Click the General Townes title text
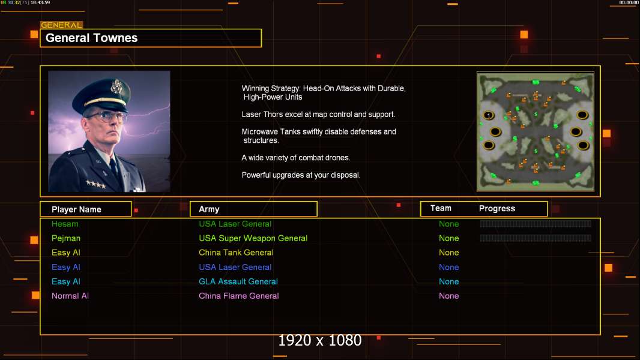point(91,38)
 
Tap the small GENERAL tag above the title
point(61,25)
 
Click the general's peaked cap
point(102,94)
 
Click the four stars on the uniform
point(96,184)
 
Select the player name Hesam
point(65,224)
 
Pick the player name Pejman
point(65,238)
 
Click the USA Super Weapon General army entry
point(253,238)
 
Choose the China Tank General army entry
point(236,253)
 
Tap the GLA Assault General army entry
point(238,281)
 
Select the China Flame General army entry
point(239,296)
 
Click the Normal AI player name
point(70,296)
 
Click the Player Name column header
point(76,209)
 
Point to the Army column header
point(209,209)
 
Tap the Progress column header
point(497,209)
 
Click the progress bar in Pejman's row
point(536,238)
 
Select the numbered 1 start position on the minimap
point(489,116)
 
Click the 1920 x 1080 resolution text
point(319,340)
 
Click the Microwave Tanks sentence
point(319,136)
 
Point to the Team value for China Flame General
point(448,296)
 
